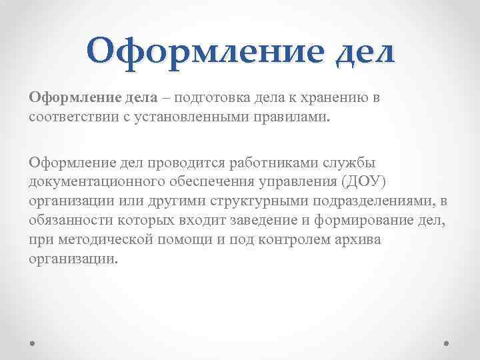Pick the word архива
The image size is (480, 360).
(358, 239)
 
